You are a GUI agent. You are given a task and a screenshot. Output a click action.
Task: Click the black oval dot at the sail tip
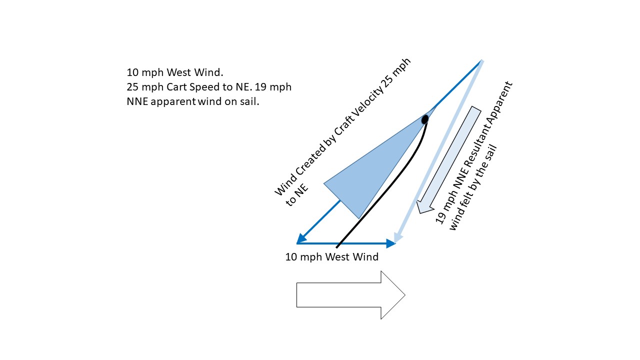coord(425,119)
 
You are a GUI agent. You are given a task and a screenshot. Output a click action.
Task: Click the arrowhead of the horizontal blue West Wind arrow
coord(390,243)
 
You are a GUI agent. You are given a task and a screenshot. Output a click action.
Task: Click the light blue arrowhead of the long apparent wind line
coord(398,238)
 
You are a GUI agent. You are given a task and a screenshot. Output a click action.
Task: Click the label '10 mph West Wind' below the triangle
coord(331,257)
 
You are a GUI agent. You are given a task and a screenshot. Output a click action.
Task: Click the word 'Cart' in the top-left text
coord(175,87)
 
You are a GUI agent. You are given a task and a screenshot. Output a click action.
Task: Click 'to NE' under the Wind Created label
coord(298,196)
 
